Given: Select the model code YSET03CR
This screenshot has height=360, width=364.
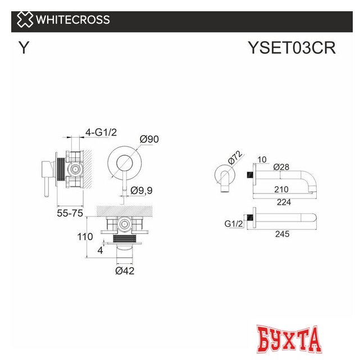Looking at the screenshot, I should coord(292,48).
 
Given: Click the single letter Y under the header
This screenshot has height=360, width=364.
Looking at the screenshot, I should coord(23,48).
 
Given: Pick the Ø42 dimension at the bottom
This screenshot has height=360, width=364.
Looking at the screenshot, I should coord(124,271).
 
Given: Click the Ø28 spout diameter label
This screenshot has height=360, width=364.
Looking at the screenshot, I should coord(283,167).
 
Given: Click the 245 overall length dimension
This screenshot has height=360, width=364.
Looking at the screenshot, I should coord(283,234).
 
